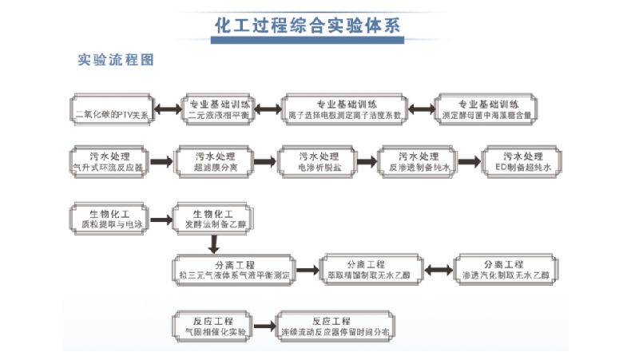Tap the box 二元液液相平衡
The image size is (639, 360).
click(x=220, y=109)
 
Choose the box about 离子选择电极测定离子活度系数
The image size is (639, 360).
click(x=345, y=109)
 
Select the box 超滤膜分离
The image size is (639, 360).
click(x=214, y=161)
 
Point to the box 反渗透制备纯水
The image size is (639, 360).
click(x=419, y=161)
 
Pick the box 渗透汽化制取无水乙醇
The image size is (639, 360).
click(x=502, y=269)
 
